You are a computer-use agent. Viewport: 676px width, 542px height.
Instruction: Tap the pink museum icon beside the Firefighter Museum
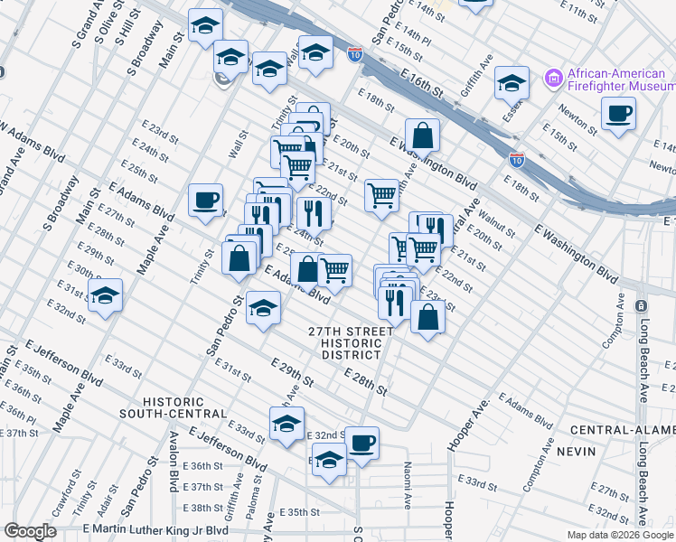(x=554, y=79)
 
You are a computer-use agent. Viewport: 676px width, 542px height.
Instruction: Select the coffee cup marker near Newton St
(x=618, y=114)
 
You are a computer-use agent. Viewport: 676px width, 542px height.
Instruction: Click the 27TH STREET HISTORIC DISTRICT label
(x=351, y=343)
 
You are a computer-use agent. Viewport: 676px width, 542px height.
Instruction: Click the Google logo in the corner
(x=31, y=532)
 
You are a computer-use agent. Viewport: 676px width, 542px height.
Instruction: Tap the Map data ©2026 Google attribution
(x=619, y=535)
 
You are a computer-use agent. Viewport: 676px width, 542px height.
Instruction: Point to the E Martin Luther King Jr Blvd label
(x=156, y=528)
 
